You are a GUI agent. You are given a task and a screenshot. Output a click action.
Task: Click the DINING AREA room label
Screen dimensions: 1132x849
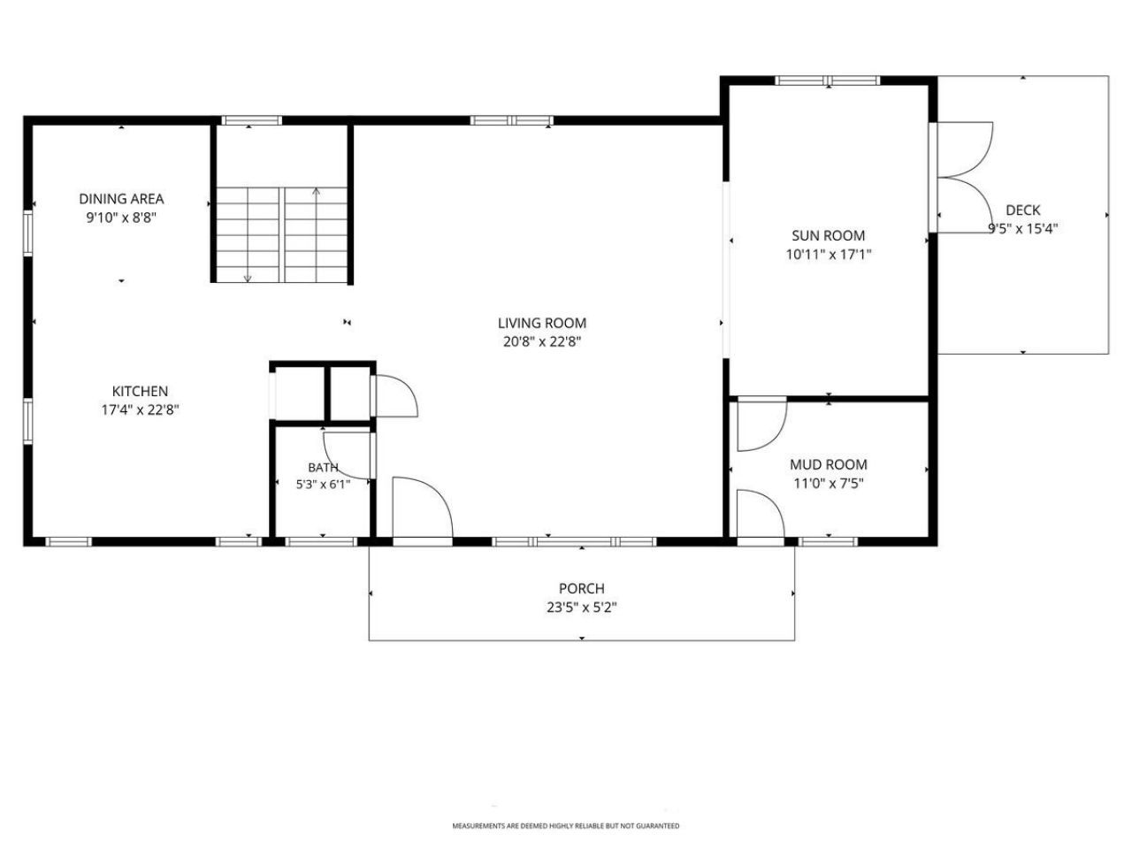pyautogui.click(x=121, y=198)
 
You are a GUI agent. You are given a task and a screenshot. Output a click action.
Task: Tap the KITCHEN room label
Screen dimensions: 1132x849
pyautogui.click(x=141, y=391)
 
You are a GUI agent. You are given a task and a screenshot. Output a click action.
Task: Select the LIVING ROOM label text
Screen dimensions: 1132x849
pyautogui.click(x=542, y=323)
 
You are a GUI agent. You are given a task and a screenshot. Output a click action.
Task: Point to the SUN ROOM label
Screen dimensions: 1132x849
pyautogui.click(x=829, y=235)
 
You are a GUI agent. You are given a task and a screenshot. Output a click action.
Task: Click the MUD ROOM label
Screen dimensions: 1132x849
pyautogui.click(x=829, y=464)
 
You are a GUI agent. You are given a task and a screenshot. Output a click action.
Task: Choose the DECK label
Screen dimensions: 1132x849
pyautogui.click(x=1022, y=210)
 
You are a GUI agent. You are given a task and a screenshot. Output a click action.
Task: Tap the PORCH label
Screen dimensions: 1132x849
pyautogui.click(x=582, y=587)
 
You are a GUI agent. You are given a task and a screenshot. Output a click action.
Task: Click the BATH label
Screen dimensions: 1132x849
pyautogui.click(x=324, y=467)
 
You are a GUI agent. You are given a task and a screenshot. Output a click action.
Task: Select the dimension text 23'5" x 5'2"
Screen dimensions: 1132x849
pyautogui.click(x=582, y=608)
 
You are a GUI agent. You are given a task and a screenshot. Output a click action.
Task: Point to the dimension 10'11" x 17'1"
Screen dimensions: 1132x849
pyautogui.click(x=829, y=254)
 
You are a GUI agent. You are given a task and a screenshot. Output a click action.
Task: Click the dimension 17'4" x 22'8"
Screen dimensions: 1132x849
pyautogui.click(x=141, y=409)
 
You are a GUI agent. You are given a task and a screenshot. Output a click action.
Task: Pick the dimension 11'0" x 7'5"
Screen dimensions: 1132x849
pyautogui.click(x=829, y=483)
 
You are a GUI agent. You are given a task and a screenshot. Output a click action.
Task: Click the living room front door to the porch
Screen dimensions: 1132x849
pyautogui.click(x=423, y=508)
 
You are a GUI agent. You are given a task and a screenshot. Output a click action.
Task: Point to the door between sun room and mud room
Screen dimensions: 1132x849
pyautogui.click(x=762, y=424)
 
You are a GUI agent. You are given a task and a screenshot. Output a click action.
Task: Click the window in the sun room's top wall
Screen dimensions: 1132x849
pyautogui.click(x=828, y=80)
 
